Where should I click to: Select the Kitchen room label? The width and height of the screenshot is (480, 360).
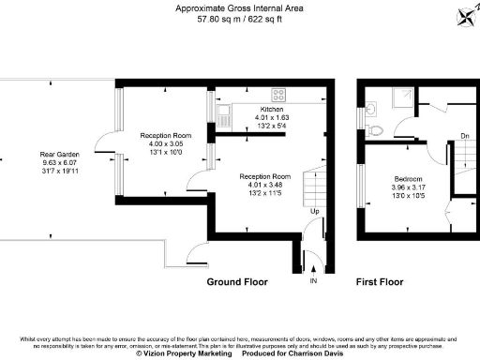coord(272,110)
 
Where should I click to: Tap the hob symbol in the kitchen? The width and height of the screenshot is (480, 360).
coord(277,94)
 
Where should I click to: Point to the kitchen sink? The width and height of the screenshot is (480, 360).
coord(223,116)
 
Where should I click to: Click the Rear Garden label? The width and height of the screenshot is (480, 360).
coord(59,154)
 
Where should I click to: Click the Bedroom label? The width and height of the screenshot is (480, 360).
coord(408,179)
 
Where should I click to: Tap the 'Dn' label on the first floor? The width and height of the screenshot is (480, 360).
coord(464,137)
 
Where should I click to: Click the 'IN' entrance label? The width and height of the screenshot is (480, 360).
coord(313,280)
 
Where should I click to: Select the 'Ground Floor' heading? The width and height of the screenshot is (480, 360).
coord(237,281)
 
